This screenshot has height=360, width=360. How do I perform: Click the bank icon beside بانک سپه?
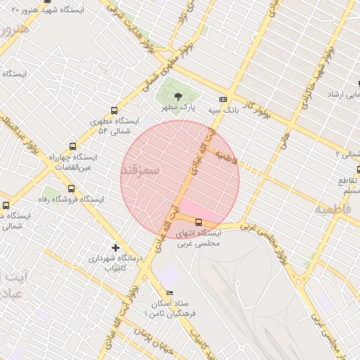[224, 100]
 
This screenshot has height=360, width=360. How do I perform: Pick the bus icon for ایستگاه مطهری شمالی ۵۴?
[114, 110]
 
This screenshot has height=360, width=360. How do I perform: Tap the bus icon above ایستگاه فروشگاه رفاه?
[71, 188]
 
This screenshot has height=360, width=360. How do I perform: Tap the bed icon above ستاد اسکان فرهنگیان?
[169, 292]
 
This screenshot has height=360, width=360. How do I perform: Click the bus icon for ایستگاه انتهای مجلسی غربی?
[198, 222]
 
